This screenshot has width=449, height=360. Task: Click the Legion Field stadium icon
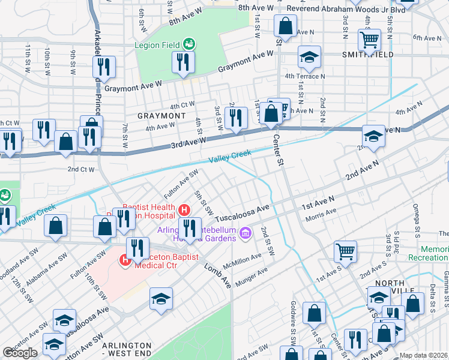[x=189, y=44]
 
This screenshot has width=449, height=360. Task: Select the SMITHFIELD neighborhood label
[x=367, y=55]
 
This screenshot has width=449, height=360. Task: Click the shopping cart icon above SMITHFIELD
[x=369, y=40]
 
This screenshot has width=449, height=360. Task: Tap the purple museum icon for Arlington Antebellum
[x=244, y=232]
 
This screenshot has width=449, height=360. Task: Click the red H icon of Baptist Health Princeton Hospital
[x=185, y=209]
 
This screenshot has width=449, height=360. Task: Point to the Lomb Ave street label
[x=217, y=274]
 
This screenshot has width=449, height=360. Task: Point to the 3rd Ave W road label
[x=188, y=141]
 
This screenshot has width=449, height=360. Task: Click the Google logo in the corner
[x=20, y=353]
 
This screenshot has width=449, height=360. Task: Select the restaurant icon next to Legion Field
[x=183, y=62]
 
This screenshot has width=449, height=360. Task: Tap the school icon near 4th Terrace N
[x=309, y=58]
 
